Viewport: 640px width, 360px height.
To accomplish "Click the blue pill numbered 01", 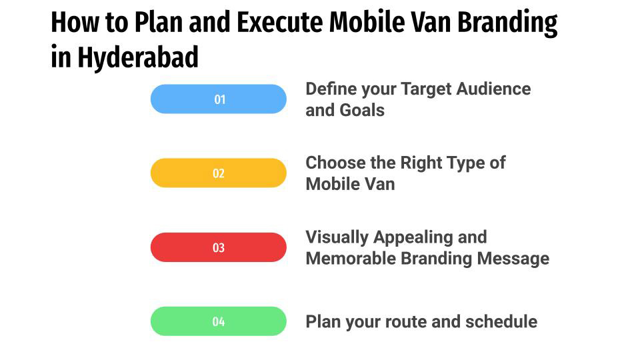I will pos(219,99).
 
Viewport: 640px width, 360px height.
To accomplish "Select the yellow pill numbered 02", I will pos(219,173).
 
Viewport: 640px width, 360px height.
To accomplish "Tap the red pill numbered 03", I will pos(219,247).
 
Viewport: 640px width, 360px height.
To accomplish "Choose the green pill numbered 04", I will pos(219,321).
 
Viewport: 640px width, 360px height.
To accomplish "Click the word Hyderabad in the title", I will pos(138,58).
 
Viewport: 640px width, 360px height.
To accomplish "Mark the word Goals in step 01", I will pos(363,110).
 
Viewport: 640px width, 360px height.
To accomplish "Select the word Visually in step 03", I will pos(337,237).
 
